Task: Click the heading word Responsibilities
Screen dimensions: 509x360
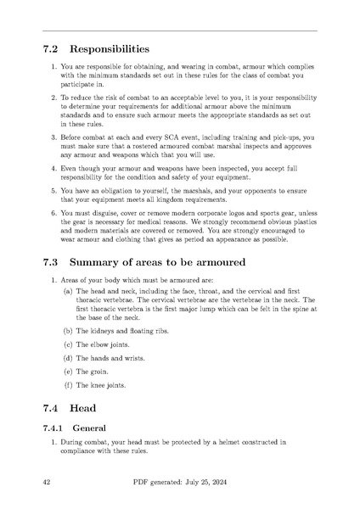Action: click(110, 49)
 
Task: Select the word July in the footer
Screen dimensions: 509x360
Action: click(189, 484)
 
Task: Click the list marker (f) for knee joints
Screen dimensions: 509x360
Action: click(68, 385)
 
